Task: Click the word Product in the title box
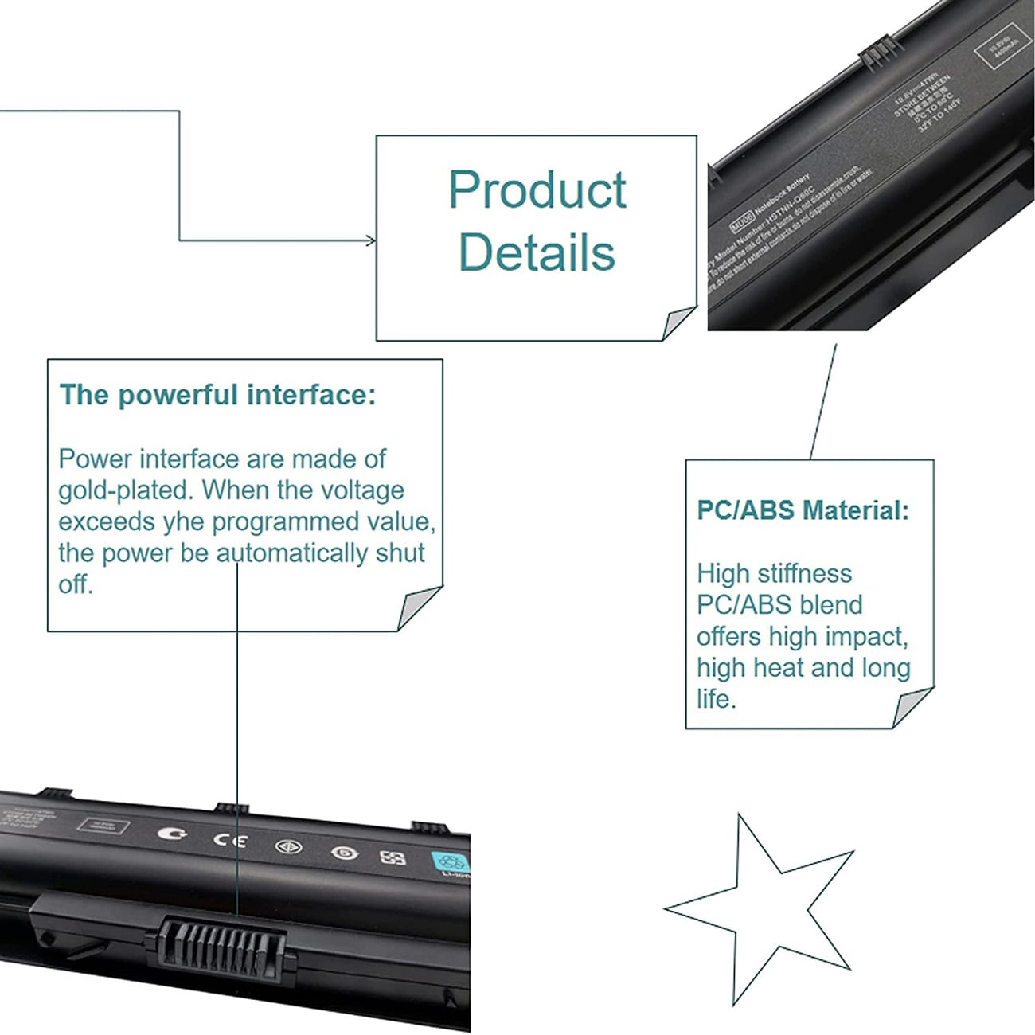[x=537, y=191]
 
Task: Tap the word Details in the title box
[x=537, y=253]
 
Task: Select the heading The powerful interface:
[x=217, y=395]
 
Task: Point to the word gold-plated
[x=126, y=490]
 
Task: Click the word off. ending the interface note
[x=75, y=585]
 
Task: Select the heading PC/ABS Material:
[x=803, y=510]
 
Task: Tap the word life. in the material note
[x=717, y=700]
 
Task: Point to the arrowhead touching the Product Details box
[x=371, y=240]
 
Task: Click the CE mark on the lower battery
[x=229, y=840]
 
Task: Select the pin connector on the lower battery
[x=221, y=943]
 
